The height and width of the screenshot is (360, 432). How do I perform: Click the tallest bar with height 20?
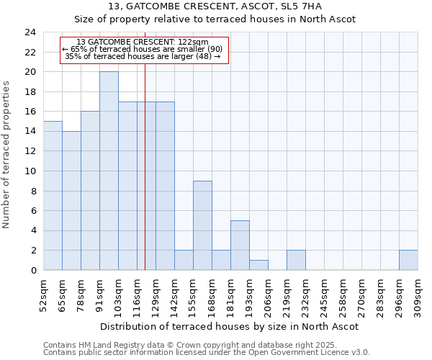pos(109,171)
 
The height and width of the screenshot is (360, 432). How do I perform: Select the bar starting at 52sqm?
pos(53,196)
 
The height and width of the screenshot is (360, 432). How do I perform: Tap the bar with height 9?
pos(202,225)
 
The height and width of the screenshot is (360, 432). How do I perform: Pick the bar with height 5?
pos(240,246)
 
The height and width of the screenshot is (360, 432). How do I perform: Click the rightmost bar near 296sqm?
pos(408,261)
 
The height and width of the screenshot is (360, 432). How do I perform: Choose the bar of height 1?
pos(258,265)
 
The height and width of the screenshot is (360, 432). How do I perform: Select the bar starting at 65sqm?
pos(71,201)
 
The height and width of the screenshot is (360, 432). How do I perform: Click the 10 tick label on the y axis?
pos(30,171)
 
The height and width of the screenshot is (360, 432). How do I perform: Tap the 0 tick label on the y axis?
pos(32,271)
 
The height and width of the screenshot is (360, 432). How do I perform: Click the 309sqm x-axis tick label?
pos(418,296)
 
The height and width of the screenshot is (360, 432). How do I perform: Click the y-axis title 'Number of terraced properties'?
pos(7,155)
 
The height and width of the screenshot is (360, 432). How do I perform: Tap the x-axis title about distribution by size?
pos(229,326)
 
